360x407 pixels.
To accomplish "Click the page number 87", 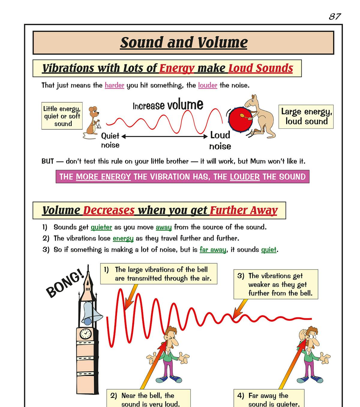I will [335, 16].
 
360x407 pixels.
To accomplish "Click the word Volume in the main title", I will [223, 42].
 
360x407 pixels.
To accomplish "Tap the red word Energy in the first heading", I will [177, 68].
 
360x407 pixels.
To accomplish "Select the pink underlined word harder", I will [114, 85].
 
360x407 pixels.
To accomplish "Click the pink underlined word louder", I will [208, 85].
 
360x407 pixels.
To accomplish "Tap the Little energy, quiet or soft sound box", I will [62, 116].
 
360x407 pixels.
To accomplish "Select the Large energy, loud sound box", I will [306, 116].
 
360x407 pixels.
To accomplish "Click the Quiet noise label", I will [110, 140].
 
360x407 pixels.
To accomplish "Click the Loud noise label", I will [220, 141].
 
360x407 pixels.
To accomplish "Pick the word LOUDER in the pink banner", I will [245, 177].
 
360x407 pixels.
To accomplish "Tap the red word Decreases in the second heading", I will [109, 210].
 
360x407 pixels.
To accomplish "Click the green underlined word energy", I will [123, 239].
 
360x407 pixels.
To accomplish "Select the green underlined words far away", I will [213, 250].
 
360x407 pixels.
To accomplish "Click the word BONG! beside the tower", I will [65, 284].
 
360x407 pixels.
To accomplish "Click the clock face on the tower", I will [85, 333].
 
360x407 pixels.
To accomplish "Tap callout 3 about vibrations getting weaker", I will [276, 284].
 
